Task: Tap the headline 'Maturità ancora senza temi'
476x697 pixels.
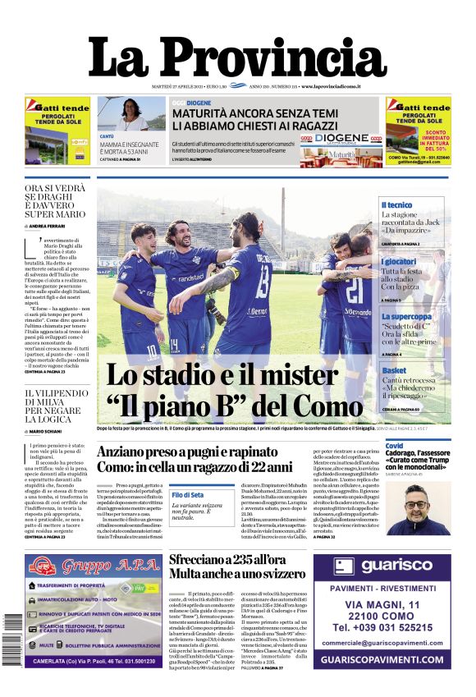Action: (x=255, y=113)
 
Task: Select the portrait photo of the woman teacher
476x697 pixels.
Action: (x=130, y=114)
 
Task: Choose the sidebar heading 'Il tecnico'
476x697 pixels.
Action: (x=396, y=205)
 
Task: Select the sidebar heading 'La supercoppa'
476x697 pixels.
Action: (x=405, y=316)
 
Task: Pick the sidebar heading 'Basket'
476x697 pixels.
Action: (x=393, y=371)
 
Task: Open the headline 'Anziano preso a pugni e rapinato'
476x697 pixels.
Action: (x=198, y=451)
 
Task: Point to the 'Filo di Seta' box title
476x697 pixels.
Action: (x=187, y=494)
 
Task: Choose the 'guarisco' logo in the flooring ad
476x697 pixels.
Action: (x=383, y=566)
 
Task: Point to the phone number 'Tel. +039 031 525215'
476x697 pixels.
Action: (x=382, y=628)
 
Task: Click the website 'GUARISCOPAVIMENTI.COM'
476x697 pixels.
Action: (x=382, y=659)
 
